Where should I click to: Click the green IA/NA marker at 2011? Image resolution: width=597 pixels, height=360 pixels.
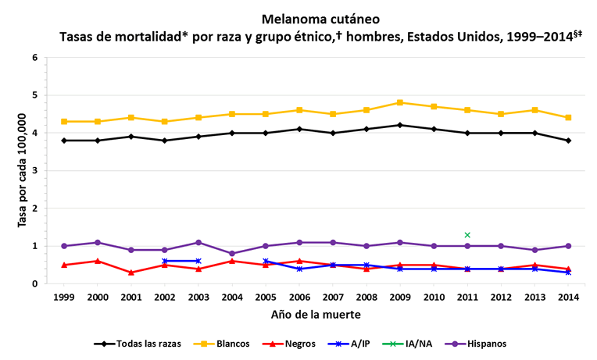(x=467, y=234)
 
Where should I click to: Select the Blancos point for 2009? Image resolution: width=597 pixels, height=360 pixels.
(x=400, y=102)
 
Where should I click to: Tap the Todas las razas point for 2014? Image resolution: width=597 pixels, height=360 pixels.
(x=568, y=141)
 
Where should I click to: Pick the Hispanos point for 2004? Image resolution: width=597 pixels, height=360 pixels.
(x=232, y=253)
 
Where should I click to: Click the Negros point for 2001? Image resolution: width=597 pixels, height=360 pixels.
(x=131, y=272)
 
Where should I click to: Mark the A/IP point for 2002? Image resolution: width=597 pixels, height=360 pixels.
(x=165, y=261)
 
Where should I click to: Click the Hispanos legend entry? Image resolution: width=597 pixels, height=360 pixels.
(x=479, y=343)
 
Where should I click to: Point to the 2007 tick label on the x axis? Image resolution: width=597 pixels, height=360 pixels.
(x=333, y=298)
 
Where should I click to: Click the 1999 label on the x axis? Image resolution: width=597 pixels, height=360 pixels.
(x=64, y=298)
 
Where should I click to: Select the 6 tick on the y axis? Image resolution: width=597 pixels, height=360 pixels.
(x=35, y=58)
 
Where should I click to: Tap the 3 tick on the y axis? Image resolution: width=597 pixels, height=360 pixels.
(x=35, y=170)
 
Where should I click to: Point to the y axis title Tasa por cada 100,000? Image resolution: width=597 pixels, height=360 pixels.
(x=21, y=170)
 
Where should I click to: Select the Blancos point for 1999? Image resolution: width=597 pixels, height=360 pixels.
(x=64, y=121)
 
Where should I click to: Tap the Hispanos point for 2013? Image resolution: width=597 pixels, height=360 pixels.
(x=534, y=249)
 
